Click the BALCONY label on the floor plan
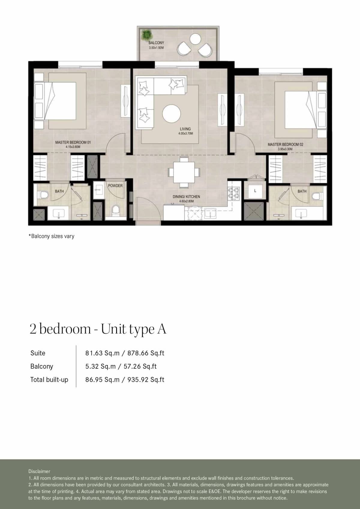156,43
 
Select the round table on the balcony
195,39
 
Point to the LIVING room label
185,129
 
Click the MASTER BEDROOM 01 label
73,142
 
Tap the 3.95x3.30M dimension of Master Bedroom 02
285,149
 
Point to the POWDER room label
115,186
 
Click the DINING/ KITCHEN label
186,197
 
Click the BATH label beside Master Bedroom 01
59,191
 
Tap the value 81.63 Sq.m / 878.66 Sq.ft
124,353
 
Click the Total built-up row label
49,379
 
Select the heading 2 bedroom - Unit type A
98,329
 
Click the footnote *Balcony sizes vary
51,236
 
